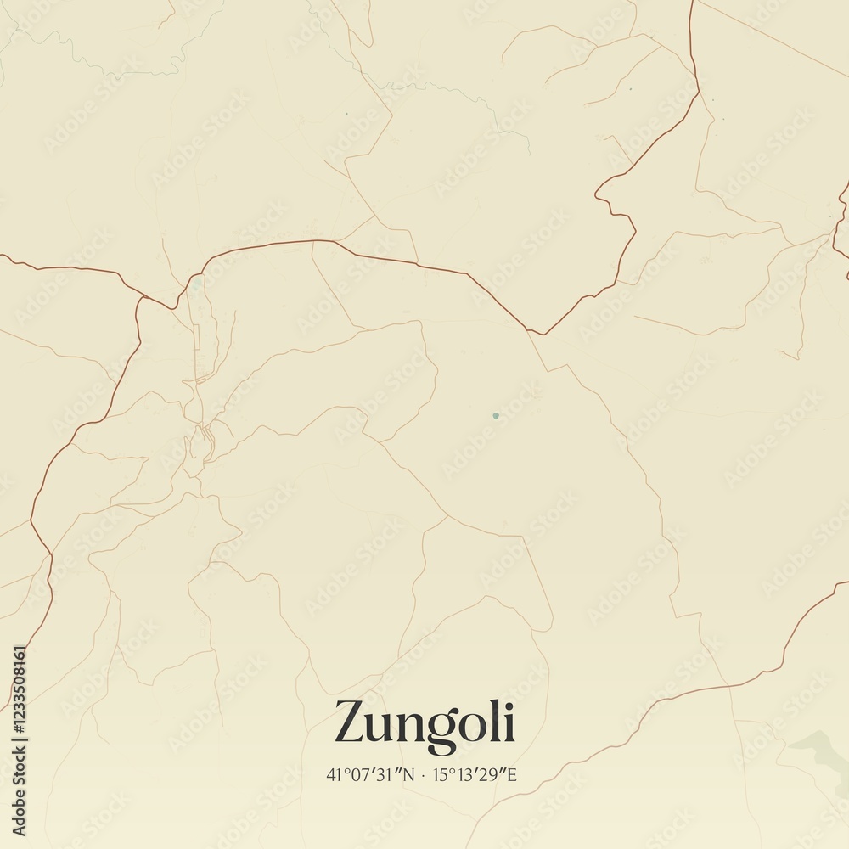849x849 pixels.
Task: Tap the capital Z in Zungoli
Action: (353, 722)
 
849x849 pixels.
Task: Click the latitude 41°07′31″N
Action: (371, 774)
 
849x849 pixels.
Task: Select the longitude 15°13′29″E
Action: (475, 774)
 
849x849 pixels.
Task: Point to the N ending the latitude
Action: (410, 774)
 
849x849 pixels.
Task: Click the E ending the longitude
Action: (512, 774)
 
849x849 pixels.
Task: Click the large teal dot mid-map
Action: (495, 416)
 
